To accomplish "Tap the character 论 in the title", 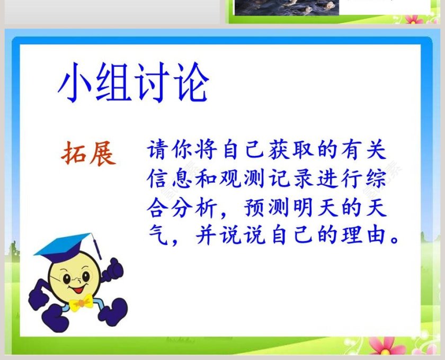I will coord(190,85).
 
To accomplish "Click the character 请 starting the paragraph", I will coord(158,151).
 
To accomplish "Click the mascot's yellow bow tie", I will coord(81,303).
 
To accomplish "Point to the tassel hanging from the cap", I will coord(96,247).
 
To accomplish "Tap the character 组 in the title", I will coord(113,85).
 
